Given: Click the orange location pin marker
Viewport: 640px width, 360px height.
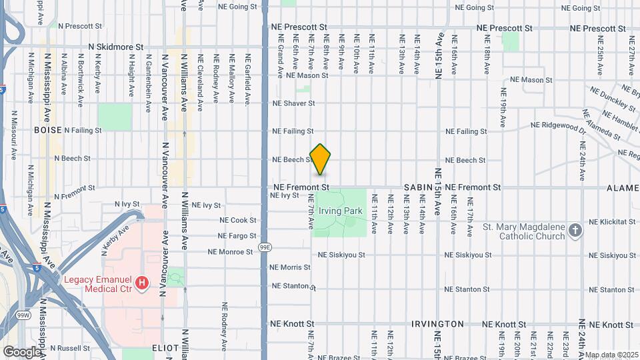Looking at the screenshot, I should coord(321,159).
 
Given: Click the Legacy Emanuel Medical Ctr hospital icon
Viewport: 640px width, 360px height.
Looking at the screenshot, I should coord(141,284).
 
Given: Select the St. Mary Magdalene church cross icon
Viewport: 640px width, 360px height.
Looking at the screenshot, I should coord(575,231).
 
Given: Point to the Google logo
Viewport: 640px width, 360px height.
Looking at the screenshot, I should coord(22,351).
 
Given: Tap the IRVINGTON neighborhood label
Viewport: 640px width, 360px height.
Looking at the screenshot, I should coord(437,324).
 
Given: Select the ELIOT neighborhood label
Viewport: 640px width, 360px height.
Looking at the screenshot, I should coord(165,348).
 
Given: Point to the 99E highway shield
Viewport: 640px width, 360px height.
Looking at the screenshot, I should coord(265,247).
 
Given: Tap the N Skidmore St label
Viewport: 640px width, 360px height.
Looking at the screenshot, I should coord(116,48).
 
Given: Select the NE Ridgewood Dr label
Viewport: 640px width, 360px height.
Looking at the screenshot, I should coord(558,125).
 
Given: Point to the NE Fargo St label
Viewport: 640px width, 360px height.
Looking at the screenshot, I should coord(237,236).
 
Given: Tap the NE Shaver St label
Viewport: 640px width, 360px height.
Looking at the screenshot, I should coord(293,103).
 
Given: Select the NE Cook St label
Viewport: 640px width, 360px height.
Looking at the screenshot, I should coord(238,220).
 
